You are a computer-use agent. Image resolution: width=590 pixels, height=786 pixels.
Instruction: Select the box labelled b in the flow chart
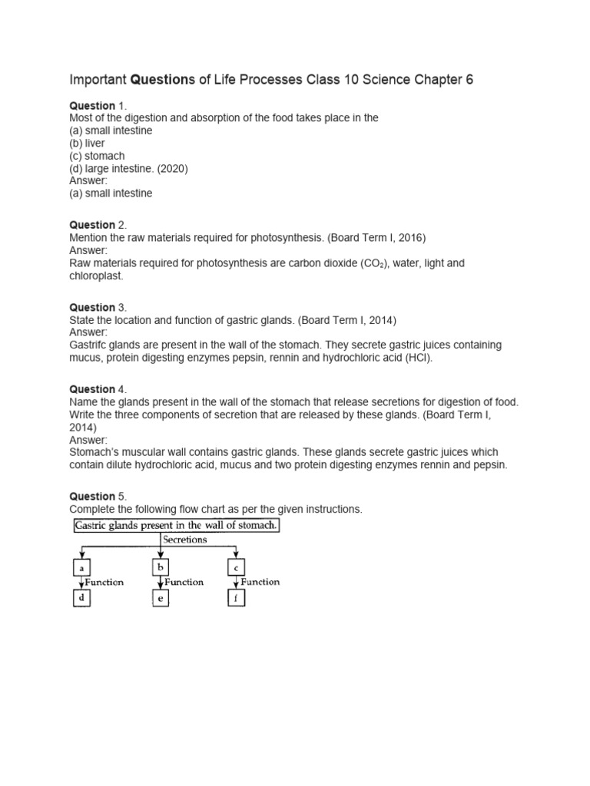pyautogui.click(x=160, y=568)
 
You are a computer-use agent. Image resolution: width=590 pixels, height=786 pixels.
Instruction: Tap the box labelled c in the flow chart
pyautogui.click(x=235, y=568)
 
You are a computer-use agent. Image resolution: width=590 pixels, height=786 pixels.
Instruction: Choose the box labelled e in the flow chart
pyautogui.click(x=160, y=598)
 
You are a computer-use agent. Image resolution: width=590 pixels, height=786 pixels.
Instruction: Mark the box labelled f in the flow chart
pyautogui.click(x=235, y=598)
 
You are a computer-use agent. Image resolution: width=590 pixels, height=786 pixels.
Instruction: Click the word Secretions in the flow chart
pyautogui.click(x=185, y=540)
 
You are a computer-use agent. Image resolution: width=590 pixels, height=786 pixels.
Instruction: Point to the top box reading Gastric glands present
pyautogui.click(x=177, y=526)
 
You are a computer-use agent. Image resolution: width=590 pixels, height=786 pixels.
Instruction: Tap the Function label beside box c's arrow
pyautogui.click(x=260, y=582)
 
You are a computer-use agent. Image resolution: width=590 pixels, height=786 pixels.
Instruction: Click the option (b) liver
pyautogui.click(x=88, y=144)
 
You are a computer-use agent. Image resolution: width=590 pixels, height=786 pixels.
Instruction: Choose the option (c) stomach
pyautogui.click(x=97, y=156)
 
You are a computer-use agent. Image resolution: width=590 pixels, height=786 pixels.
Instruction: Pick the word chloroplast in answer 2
pyautogui.click(x=96, y=275)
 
